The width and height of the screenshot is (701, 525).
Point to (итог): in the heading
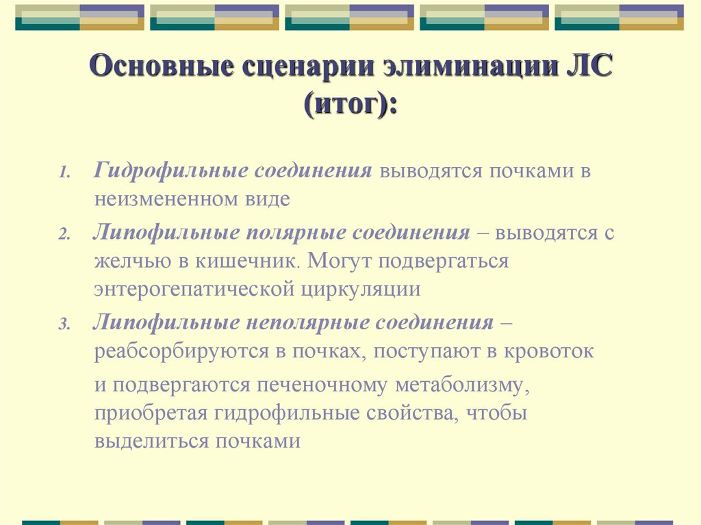pos(350,106)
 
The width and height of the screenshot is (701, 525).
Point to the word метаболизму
pos(459,385)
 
